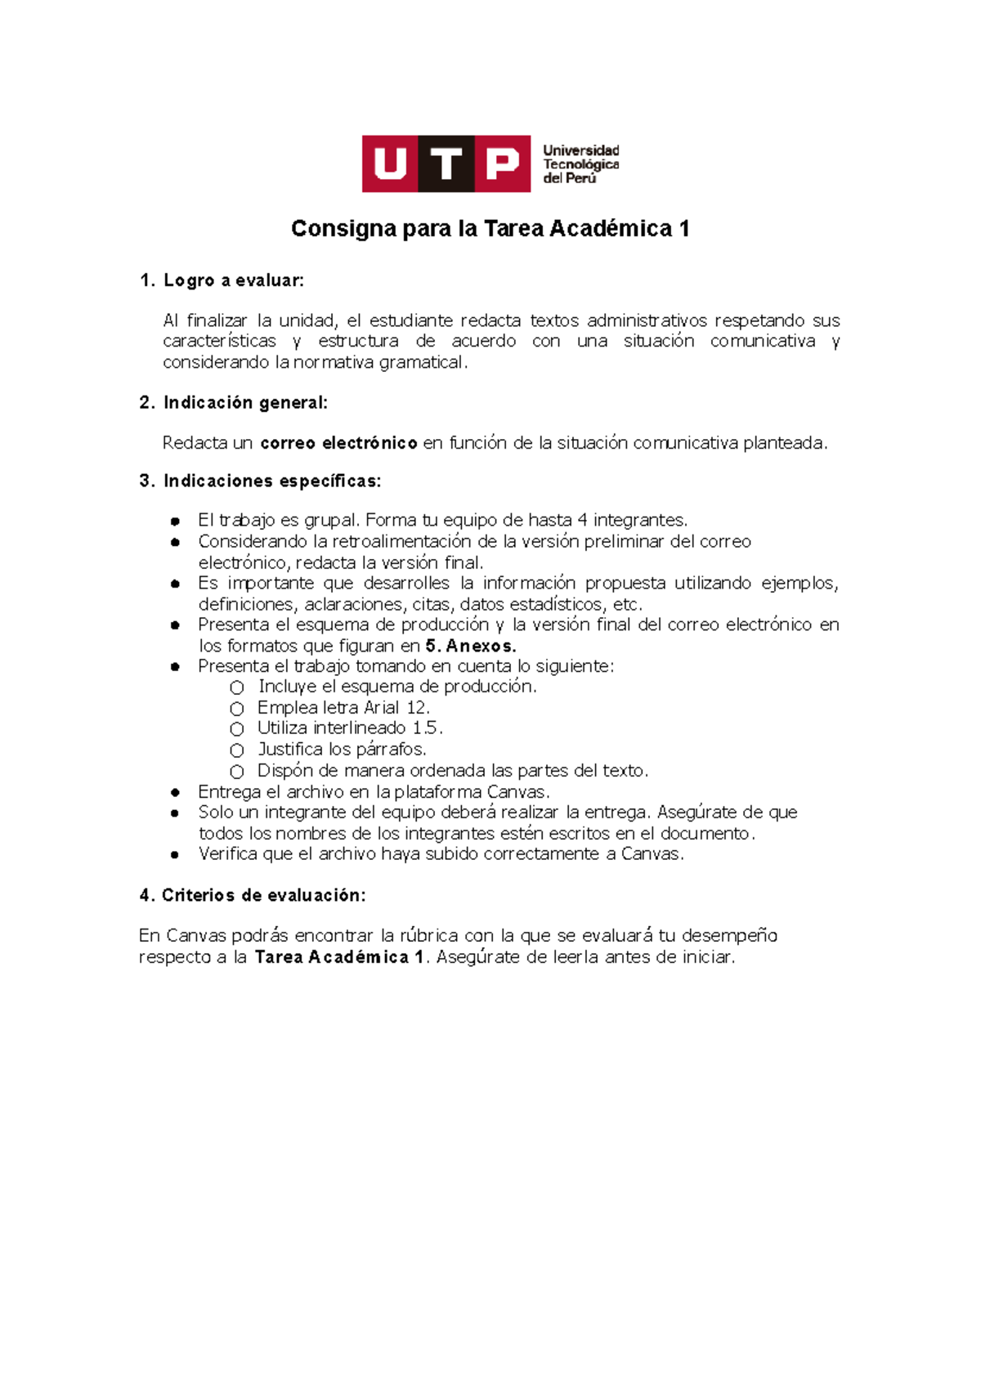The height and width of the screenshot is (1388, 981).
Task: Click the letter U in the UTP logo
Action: pyautogui.click(x=390, y=164)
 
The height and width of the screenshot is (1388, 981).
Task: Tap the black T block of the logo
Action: pyautogui.click(x=446, y=164)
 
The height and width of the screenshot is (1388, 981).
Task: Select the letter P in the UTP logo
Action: pyautogui.click(x=502, y=164)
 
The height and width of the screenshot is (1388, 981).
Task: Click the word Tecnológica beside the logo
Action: pyautogui.click(x=581, y=164)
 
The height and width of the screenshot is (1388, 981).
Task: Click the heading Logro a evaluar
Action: pyautogui.click(x=233, y=280)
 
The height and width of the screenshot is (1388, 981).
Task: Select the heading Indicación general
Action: pyautogui.click(x=245, y=402)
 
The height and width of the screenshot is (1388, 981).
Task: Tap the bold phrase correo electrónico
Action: pyautogui.click(x=338, y=443)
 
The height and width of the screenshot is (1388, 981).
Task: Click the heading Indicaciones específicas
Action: pyautogui.click(x=272, y=481)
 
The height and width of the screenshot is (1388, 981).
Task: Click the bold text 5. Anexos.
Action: pyautogui.click(x=471, y=646)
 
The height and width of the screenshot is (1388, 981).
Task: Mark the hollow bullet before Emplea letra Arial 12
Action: pyautogui.click(x=237, y=709)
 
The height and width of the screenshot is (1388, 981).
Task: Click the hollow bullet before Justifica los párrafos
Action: pyautogui.click(x=237, y=750)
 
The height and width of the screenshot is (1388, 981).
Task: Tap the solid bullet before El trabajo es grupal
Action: pyautogui.click(x=175, y=521)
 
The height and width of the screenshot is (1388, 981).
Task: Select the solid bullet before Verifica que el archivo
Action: pyautogui.click(x=175, y=855)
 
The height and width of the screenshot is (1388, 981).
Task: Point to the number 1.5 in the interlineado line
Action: pyautogui.click(x=426, y=728)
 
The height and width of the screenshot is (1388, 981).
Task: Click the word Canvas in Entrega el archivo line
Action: pyautogui.click(x=517, y=792)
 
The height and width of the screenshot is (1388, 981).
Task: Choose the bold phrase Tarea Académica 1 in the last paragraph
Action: pyautogui.click(x=339, y=957)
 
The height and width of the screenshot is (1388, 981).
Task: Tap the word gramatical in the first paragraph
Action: pyautogui.click(x=422, y=362)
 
